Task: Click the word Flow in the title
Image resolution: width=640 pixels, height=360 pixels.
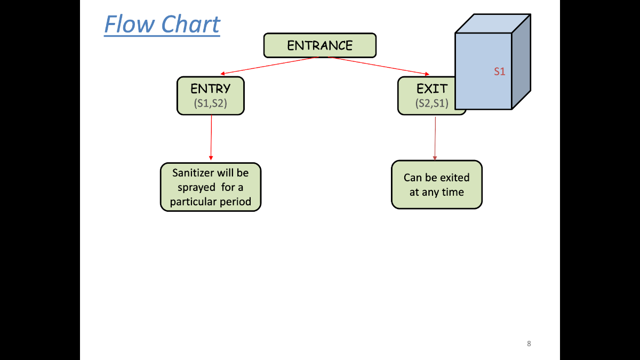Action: [x=129, y=25]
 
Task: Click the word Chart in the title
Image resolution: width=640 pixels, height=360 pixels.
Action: [x=190, y=25]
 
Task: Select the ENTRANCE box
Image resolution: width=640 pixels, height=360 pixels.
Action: [x=319, y=45]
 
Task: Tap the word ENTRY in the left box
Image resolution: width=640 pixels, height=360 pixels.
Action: [x=211, y=89]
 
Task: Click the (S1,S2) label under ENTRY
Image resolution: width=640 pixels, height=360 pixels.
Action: [x=211, y=103]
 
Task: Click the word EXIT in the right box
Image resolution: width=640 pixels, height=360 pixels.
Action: [x=431, y=89]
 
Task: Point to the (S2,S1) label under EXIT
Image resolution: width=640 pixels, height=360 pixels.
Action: [x=431, y=103]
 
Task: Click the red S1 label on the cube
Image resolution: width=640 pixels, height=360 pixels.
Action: [x=499, y=71]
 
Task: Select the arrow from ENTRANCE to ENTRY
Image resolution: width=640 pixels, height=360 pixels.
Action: [x=269, y=66]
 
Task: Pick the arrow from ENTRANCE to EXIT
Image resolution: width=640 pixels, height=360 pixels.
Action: [x=379, y=66]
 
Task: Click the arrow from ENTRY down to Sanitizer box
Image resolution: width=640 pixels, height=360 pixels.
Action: [x=211, y=138]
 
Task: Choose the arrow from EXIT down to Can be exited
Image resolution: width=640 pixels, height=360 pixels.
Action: [x=435, y=139]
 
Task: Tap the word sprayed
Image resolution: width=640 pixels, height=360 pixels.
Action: [x=197, y=188]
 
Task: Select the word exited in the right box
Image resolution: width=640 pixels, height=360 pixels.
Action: [x=454, y=178]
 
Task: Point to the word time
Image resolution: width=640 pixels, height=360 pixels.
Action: [x=452, y=193]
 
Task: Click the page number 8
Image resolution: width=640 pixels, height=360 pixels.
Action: [x=529, y=343]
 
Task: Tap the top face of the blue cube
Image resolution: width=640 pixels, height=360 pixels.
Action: [x=493, y=23]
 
